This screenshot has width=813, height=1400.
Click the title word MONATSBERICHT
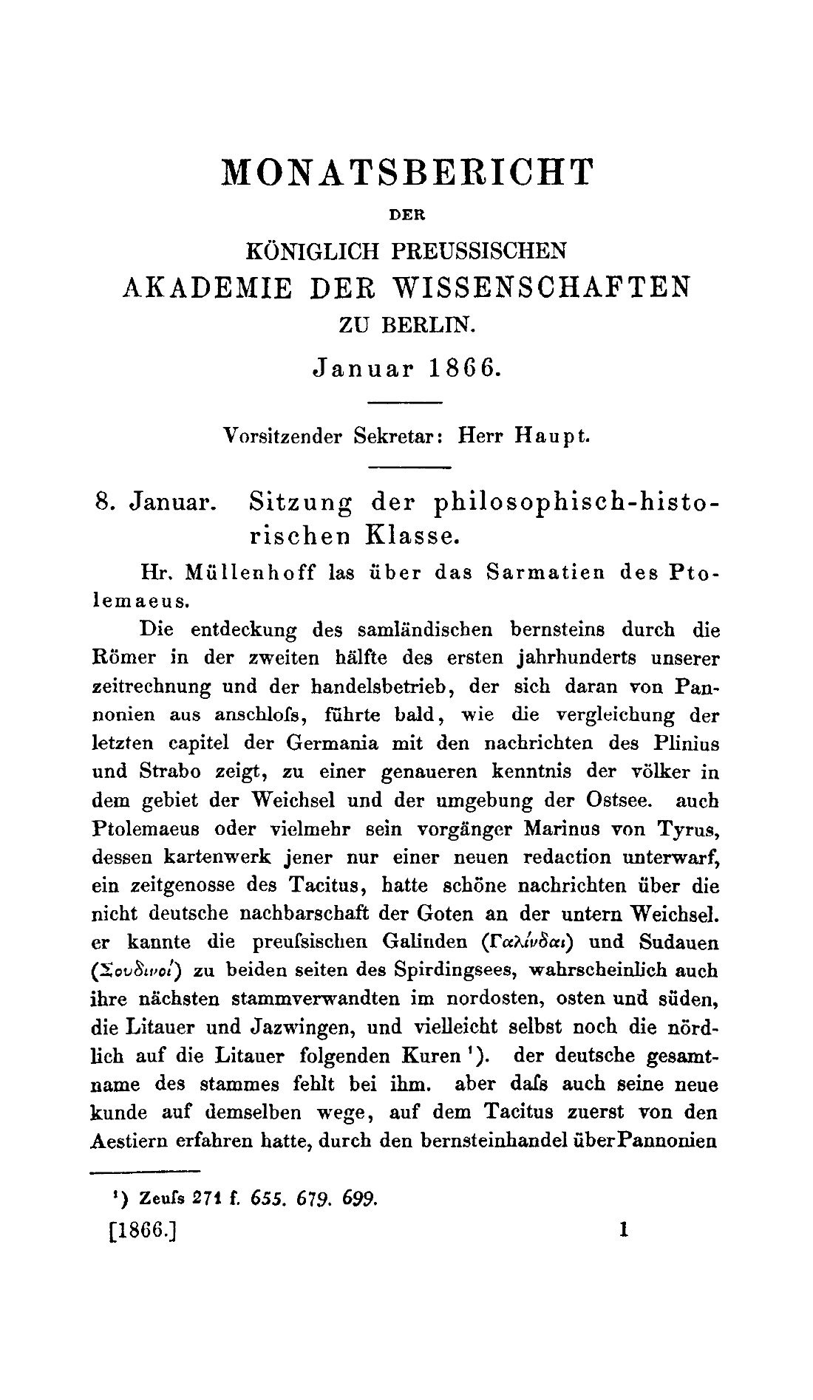407,173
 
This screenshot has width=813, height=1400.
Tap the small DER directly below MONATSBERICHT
407,216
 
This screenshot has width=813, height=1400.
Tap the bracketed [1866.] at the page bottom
141,1232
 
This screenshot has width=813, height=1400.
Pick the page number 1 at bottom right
625,1230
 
